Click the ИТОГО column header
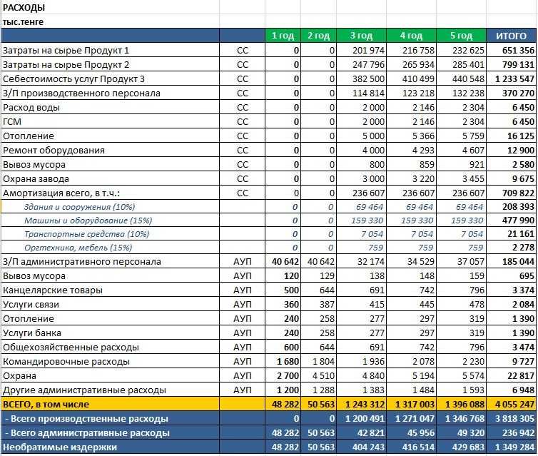click(511, 36)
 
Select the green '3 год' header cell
click(361, 36)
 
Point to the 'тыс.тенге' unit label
click(24, 22)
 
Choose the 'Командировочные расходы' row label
click(66, 361)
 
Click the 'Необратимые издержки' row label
click(59, 447)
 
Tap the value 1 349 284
click(513, 447)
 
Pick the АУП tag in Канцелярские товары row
click(243, 290)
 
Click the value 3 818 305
click(513, 418)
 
